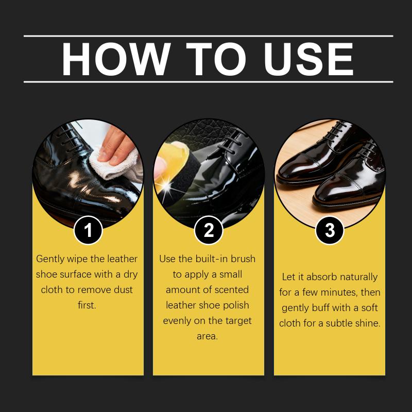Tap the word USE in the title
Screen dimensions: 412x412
308,59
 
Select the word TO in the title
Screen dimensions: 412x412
216,59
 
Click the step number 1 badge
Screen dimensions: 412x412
88,230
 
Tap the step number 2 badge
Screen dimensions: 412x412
209,230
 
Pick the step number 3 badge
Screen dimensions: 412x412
330,230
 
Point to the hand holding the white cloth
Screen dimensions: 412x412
115,146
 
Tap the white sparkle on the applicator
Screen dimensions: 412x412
166,185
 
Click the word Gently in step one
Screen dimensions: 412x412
50,259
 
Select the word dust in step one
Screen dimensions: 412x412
123,289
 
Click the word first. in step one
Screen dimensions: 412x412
87,305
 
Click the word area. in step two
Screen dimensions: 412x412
208,336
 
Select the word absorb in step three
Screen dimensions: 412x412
321,277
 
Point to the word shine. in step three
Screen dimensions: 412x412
368,323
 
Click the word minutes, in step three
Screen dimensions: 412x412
339,292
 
